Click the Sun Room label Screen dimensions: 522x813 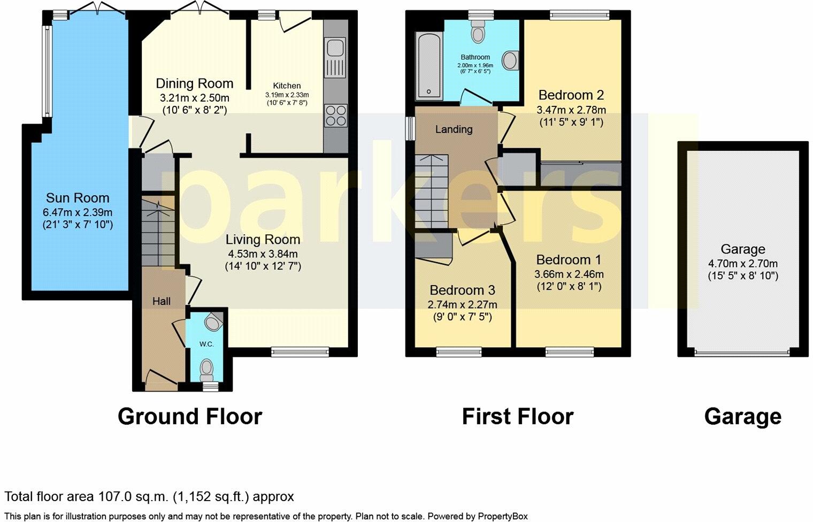click(x=77, y=198)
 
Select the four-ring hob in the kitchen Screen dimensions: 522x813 click(x=335, y=115)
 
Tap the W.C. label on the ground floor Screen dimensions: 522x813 click(x=206, y=344)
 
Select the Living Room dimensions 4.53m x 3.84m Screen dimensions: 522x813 click(x=263, y=254)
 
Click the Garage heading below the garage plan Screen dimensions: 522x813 click(x=742, y=417)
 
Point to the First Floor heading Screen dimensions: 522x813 click(x=517, y=417)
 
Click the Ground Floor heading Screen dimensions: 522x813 click(x=190, y=417)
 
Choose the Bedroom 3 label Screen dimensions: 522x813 click(x=462, y=290)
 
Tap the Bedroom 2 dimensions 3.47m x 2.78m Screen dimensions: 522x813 click(x=571, y=110)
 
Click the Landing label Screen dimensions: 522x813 click(x=454, y=129)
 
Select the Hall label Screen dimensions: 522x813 click(x=161, y=301)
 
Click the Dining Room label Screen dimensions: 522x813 click(x=194, y=83)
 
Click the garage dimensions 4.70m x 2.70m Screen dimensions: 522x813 click(x=742, y=264)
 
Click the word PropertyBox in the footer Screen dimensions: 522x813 click(x=502, y=517)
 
